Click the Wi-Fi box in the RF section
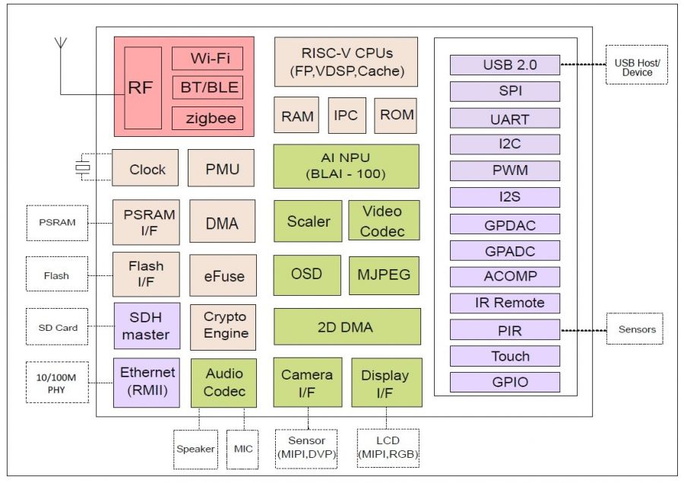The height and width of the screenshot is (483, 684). [207, 59]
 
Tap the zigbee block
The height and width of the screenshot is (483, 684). [207, 118]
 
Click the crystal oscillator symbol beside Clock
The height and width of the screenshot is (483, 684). [82, 168]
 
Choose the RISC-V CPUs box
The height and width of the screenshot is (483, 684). [346, 62]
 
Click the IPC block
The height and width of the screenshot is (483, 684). [347, 116]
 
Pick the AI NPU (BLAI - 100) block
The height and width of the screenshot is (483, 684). [346, 166]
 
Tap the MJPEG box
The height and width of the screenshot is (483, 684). [384, 274]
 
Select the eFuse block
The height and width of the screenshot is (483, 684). [221, 275]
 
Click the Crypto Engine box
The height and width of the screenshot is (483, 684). [225, 326]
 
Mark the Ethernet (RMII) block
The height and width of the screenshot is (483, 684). [147, 382]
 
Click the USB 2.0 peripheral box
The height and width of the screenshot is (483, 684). [505, 65]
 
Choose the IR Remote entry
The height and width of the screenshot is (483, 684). [505, 303]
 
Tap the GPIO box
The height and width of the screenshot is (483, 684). [505, 382]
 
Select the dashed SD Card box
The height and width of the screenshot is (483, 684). [58, 328]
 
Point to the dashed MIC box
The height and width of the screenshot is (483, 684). [243, 449]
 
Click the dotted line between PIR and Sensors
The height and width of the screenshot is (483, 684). [583, 330]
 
